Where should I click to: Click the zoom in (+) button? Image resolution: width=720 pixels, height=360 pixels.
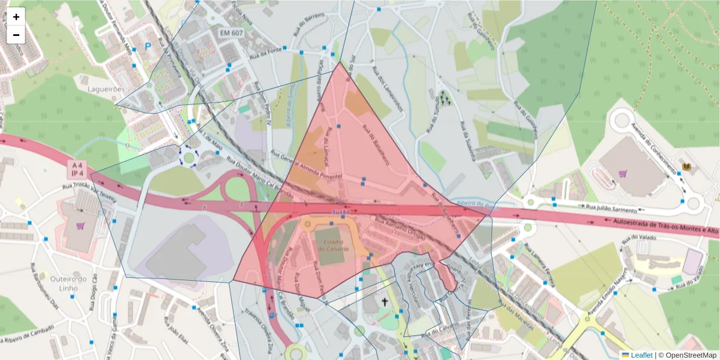[16, 17]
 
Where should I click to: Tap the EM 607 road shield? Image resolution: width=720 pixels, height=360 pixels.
[232, 33]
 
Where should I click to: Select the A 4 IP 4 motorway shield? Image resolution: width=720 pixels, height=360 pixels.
[76, 169]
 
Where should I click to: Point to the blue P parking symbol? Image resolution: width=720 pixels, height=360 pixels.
[148, 46]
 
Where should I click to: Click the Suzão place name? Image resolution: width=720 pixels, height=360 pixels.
[340, 212]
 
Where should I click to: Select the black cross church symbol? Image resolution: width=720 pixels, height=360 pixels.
[385, 302]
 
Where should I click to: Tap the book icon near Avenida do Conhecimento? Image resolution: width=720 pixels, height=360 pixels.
[686, 166]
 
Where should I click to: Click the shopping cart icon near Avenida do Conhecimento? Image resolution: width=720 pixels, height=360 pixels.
[623, 174]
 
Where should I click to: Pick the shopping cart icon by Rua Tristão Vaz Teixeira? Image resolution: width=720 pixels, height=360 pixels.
[80, 227]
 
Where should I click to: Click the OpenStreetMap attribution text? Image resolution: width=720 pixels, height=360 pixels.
[687, 355]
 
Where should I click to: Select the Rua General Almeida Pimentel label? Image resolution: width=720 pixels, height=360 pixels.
[306, 165]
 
